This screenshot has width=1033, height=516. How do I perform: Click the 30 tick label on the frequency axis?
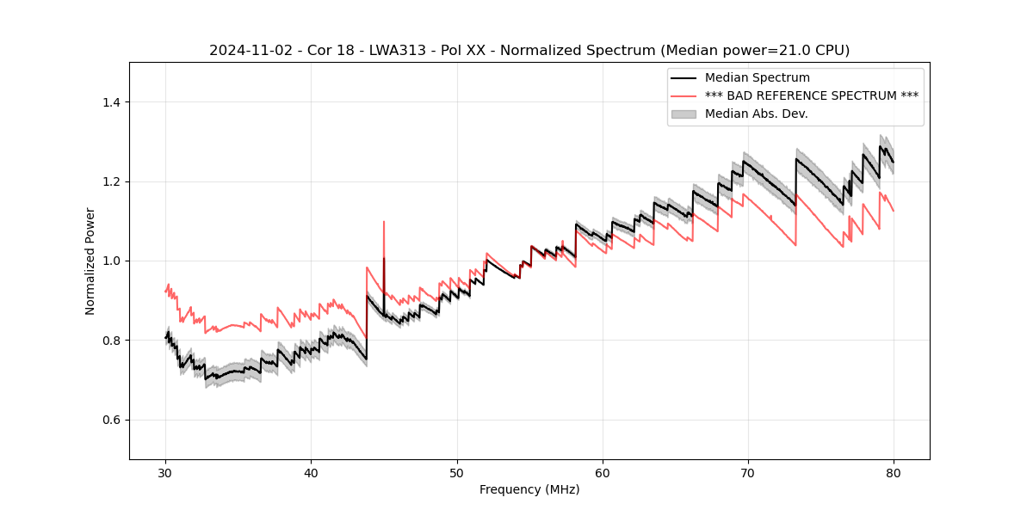coord(166,472)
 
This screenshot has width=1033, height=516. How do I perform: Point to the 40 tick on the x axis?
coord(312,472)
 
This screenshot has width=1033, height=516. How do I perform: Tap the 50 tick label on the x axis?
coord(457,472)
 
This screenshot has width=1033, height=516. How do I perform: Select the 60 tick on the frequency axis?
coord(603,472)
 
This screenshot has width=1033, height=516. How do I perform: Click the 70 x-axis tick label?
coord(748,472)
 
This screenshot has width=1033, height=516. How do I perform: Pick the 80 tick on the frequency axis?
coord(894,472)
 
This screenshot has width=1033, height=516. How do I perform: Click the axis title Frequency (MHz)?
coord(529,489)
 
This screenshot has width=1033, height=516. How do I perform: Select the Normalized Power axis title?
coord(90,261)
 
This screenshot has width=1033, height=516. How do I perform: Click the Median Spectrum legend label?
coord(758,78)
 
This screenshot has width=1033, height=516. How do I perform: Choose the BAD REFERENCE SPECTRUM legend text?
coord(811,95)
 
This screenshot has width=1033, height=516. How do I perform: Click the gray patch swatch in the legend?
coord(685,114)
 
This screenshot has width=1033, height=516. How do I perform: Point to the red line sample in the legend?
coord(685,95)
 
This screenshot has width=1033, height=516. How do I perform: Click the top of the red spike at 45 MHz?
coord(384,222)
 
